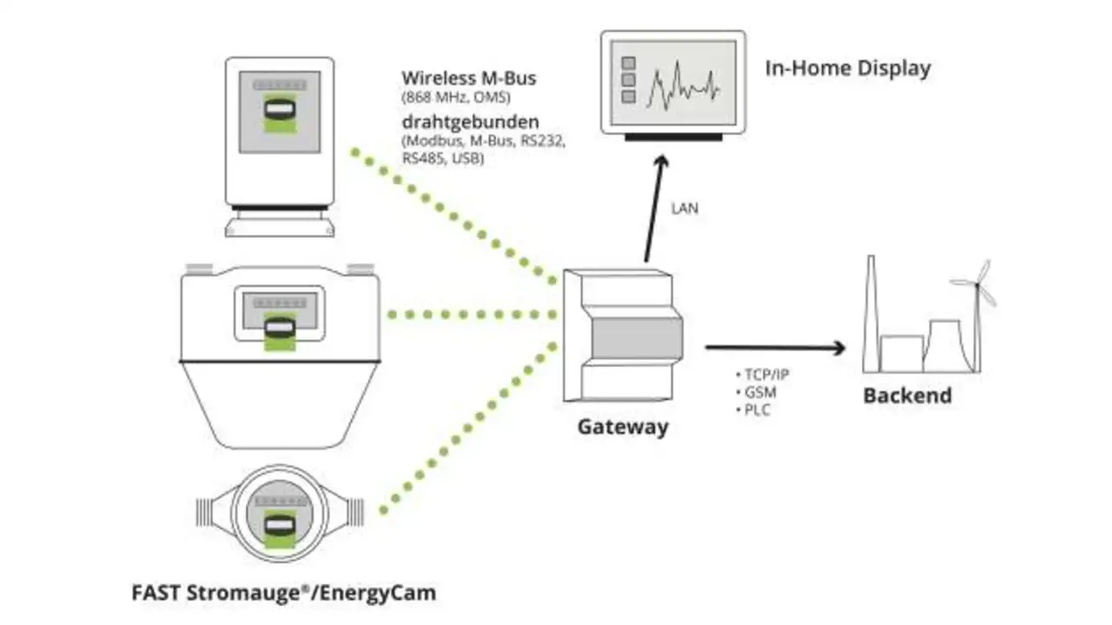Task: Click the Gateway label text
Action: (x=623, y=427)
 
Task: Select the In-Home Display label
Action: (x=847, y=69)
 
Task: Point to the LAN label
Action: (x=685, y=209)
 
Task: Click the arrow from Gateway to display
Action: (x=653, y=209)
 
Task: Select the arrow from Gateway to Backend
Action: (x=773, y=348)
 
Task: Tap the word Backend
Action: (x=907, y=396)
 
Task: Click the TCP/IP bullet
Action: (x=765, y=375)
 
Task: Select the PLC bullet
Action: (x=758, y=409)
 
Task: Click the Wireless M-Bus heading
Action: (x=468, y=78)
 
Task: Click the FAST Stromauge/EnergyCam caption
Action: (x=283, y=594)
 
